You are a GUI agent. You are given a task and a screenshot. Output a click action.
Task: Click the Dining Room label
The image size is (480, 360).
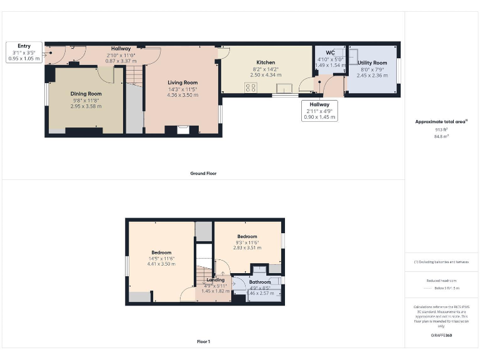[86, 94]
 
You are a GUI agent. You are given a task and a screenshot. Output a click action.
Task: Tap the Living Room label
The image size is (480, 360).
[182, 82]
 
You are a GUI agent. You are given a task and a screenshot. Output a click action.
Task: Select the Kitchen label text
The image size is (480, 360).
[266, 62]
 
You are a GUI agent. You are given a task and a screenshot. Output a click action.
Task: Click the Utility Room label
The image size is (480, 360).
[372, 63]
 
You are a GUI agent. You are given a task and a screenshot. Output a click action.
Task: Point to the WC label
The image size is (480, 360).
[331, 53]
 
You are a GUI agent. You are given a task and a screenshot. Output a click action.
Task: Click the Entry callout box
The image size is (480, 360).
[24, 52]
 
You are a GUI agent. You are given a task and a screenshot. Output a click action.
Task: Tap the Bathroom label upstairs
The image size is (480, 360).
[260, 282]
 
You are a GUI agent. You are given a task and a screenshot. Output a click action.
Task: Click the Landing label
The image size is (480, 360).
[215, 280]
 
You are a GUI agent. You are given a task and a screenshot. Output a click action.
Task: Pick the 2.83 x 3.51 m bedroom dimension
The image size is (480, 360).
[247, 247]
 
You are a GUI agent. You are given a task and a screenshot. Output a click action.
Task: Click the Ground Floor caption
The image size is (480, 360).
[204, 173]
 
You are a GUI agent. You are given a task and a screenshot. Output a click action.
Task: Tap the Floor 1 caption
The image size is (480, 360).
[204, 342]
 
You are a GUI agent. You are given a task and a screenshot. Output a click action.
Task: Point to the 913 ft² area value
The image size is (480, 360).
[441, 129]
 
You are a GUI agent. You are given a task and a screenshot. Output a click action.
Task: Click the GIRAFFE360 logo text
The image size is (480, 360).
[441, 336]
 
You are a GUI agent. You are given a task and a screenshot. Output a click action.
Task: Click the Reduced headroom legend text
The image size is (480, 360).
[441, 281]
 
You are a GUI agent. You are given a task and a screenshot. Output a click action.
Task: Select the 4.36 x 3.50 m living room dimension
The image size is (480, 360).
[182, 95]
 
